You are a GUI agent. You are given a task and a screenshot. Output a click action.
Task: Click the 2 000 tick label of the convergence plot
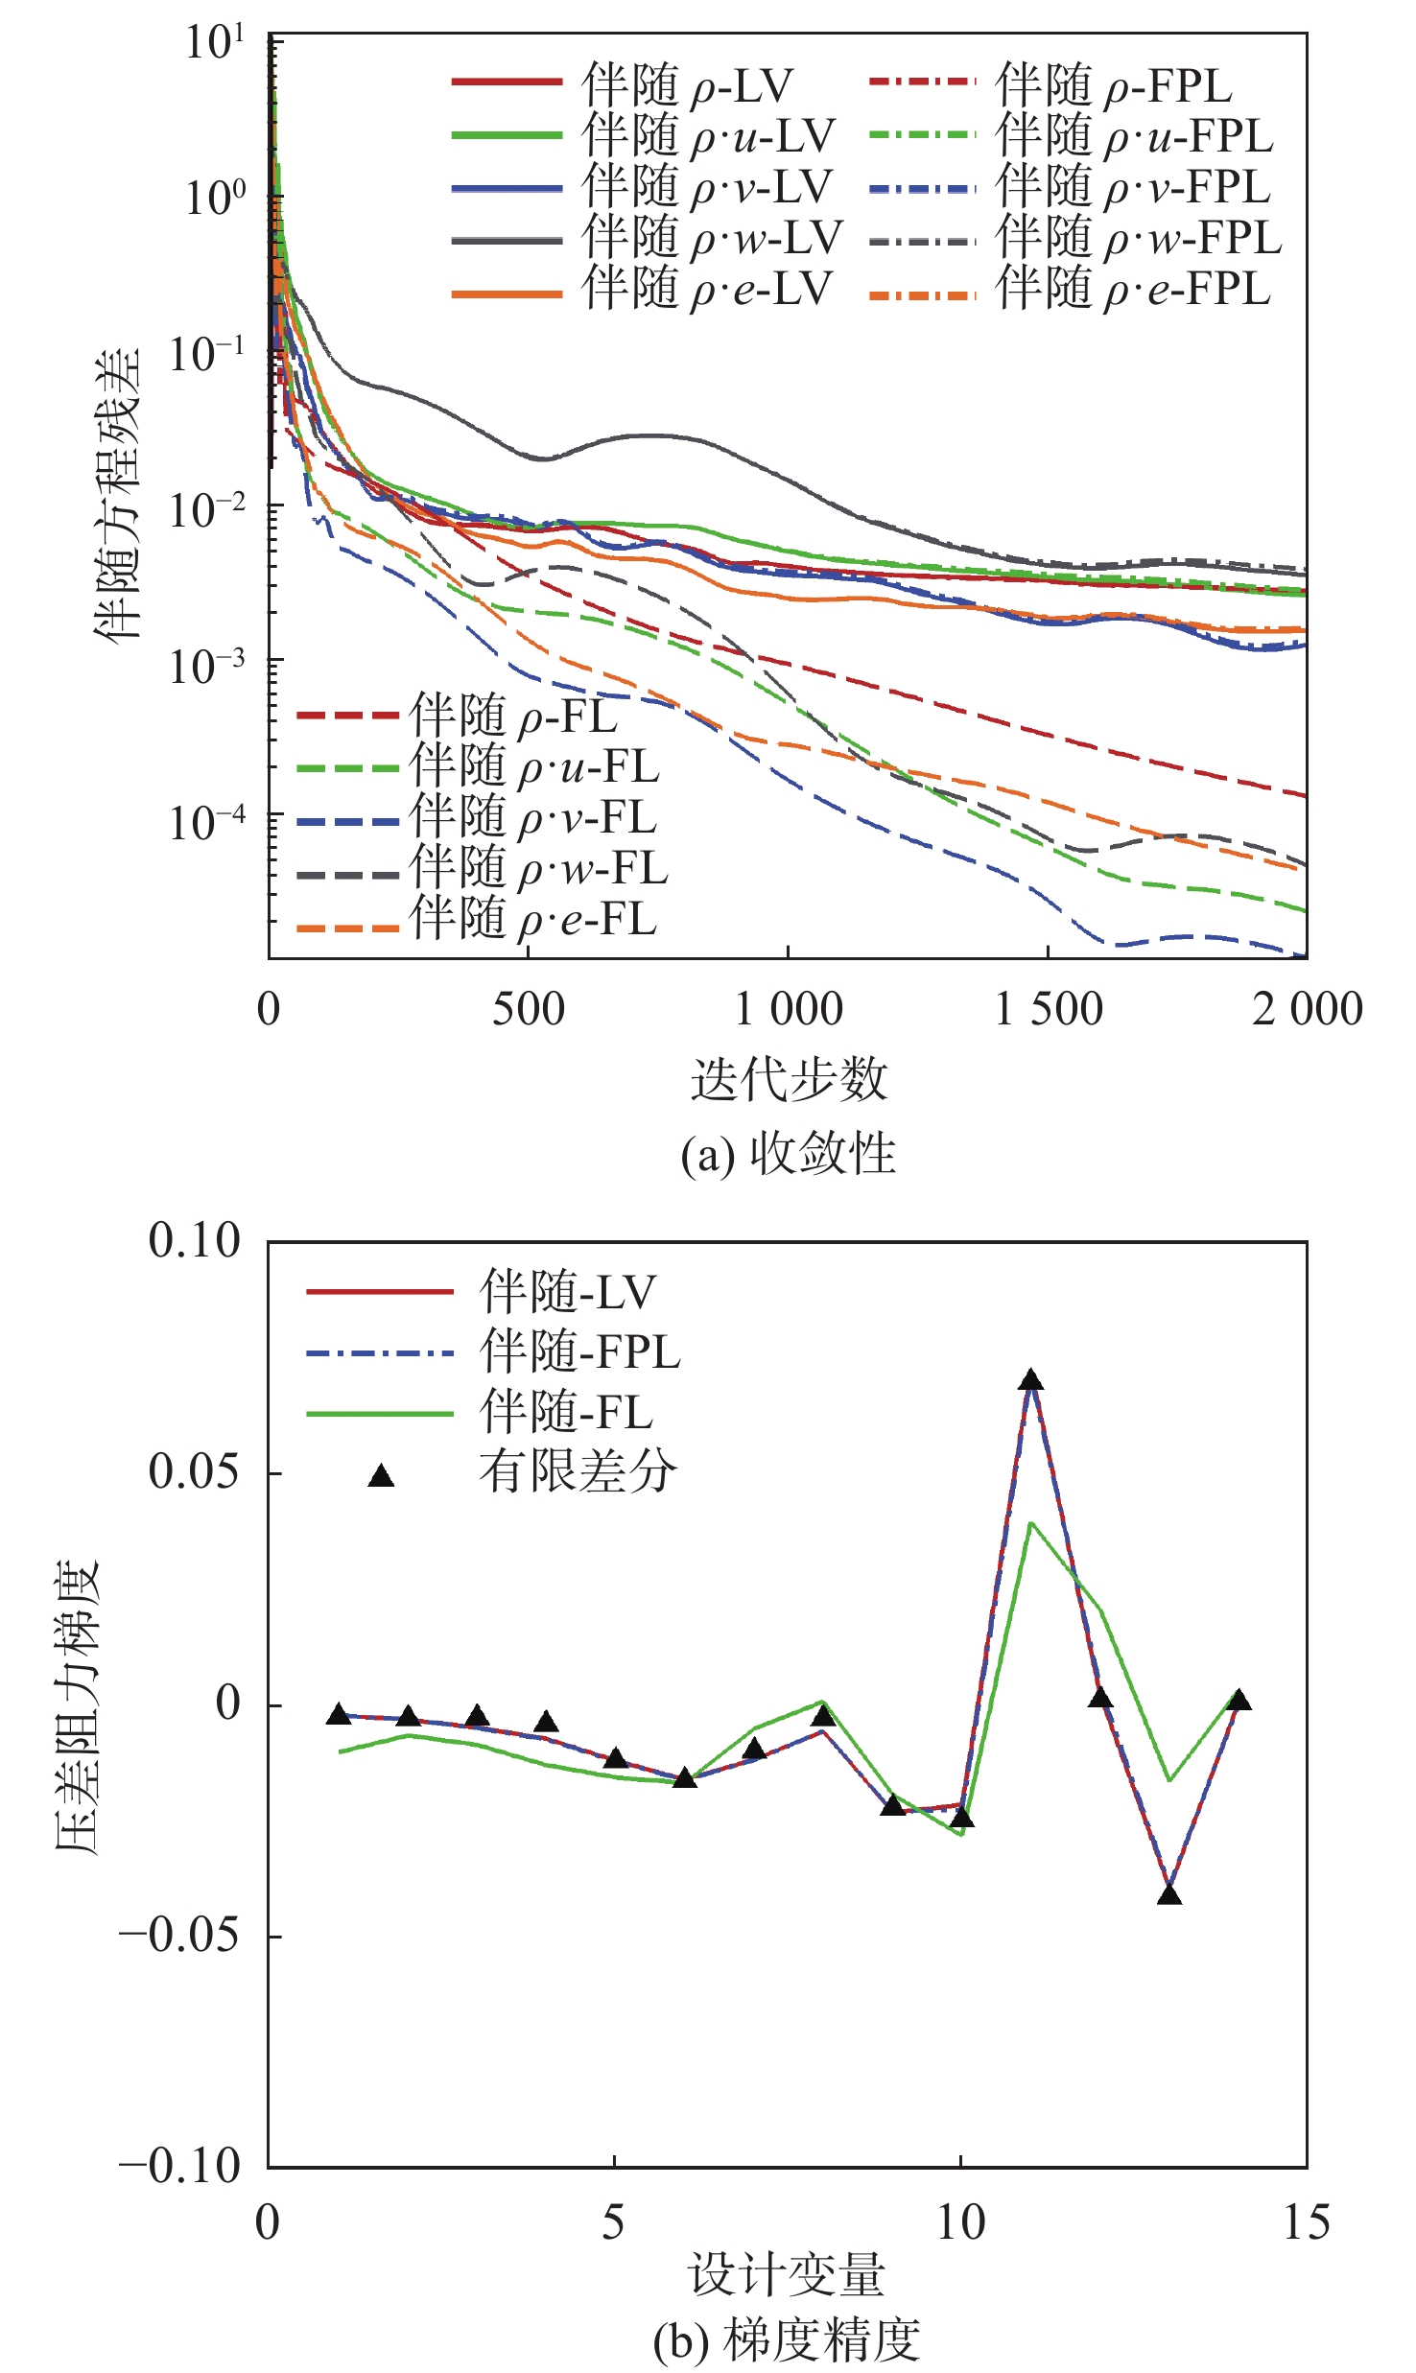pos(1307,1010)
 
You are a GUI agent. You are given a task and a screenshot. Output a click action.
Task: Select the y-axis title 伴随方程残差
pos(117,494)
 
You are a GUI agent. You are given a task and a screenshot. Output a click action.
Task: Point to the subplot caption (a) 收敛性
pos(789,1154)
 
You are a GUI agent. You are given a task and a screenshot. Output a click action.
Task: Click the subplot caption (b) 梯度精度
pos(787,2340)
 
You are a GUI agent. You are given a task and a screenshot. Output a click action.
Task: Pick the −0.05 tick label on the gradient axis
pos(179,1935)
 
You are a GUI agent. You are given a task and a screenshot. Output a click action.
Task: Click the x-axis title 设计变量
pos(787,2275)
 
